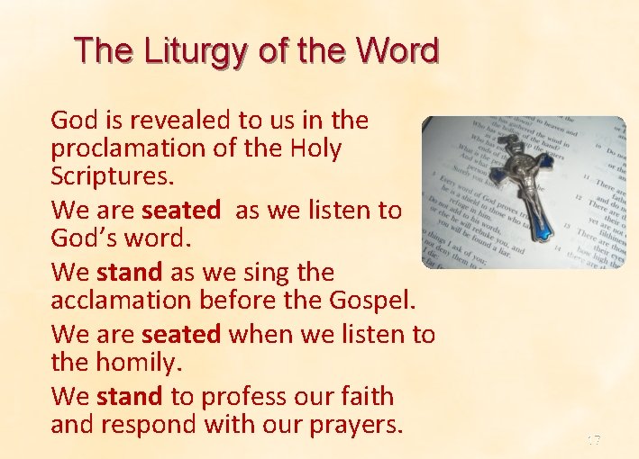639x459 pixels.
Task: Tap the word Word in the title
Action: click(396, 50)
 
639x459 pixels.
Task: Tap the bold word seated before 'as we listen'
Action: click(181, 211)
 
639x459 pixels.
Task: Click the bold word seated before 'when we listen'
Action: click(181, 335)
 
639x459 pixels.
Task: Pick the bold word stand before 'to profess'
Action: click(129, 396)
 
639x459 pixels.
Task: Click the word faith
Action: click(364, 396)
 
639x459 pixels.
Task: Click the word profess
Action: click(240, 396)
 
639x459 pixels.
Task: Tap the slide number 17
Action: click(593, 440)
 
